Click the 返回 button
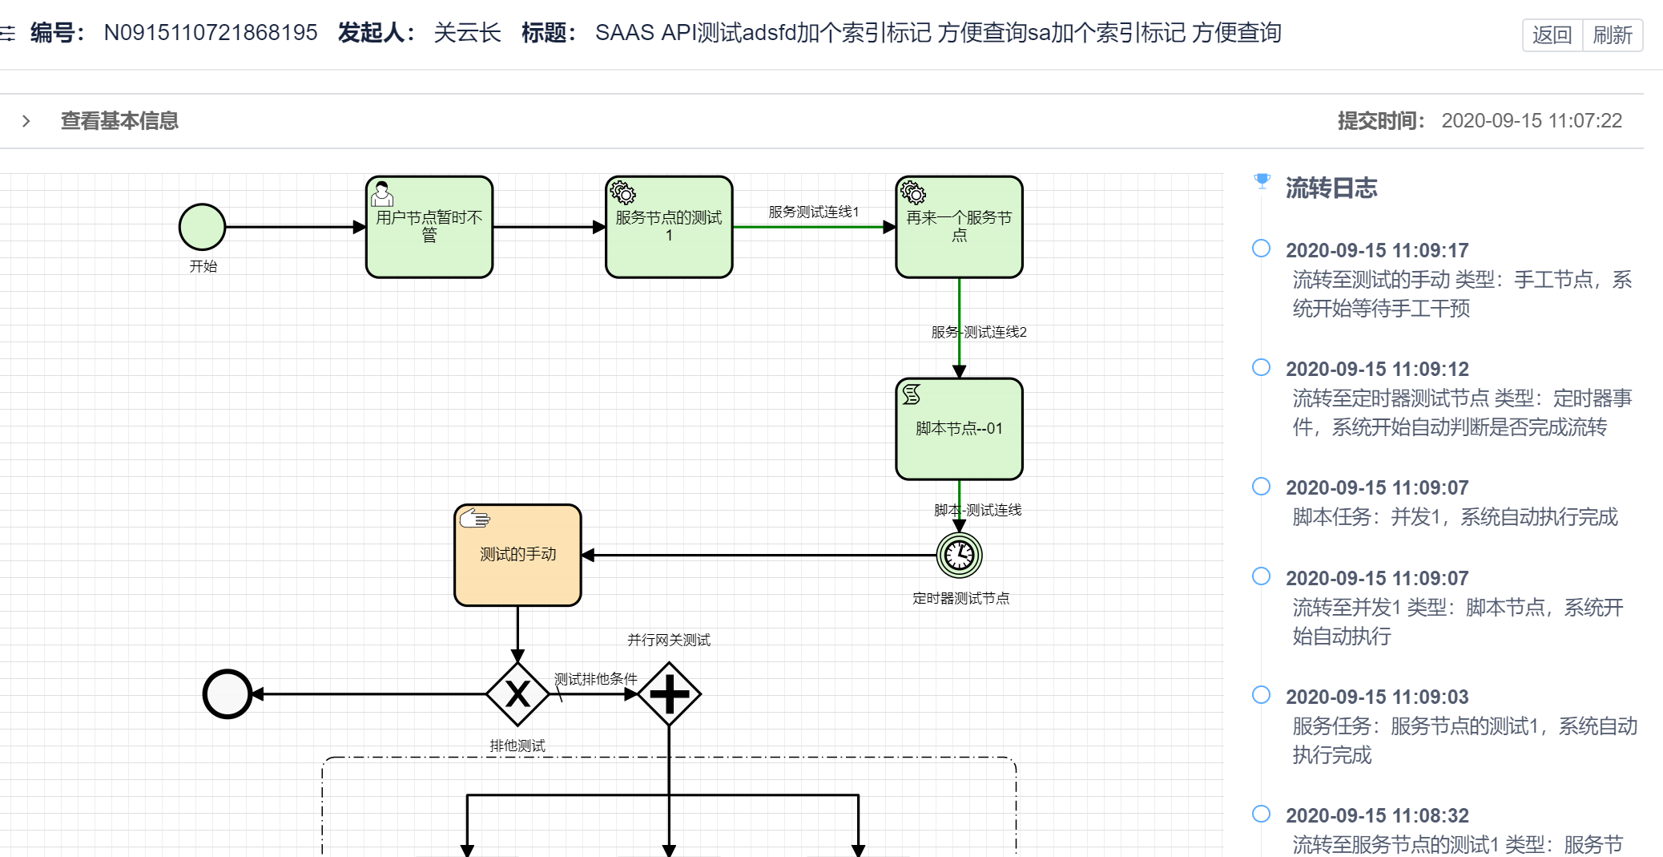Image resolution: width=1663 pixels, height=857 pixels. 1552,35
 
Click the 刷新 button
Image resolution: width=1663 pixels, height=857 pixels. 1612,35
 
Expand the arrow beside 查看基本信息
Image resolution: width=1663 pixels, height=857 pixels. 26,121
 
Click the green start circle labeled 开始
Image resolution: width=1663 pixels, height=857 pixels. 202,227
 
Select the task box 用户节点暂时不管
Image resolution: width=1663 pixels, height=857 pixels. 429,228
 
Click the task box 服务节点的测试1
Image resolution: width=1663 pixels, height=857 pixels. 669,228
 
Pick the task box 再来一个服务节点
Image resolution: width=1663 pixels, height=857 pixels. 959,228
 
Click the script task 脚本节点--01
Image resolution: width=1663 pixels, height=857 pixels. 959,429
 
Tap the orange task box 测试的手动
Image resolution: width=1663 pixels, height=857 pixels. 517,555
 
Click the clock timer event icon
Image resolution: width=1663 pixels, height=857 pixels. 959,555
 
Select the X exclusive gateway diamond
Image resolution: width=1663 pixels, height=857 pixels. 517,693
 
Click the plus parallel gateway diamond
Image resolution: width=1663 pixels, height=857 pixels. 669,693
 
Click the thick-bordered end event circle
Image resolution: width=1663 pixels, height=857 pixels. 228,693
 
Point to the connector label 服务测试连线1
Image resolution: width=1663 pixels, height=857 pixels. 813,212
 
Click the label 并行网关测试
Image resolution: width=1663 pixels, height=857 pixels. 669,640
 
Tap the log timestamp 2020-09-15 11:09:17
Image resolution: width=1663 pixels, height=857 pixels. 1376,250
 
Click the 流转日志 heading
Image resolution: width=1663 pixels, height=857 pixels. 1331,188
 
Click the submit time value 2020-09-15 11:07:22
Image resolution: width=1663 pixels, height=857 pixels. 1531,121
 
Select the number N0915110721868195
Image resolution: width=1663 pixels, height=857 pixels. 211,33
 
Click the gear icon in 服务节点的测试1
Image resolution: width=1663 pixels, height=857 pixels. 622,192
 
